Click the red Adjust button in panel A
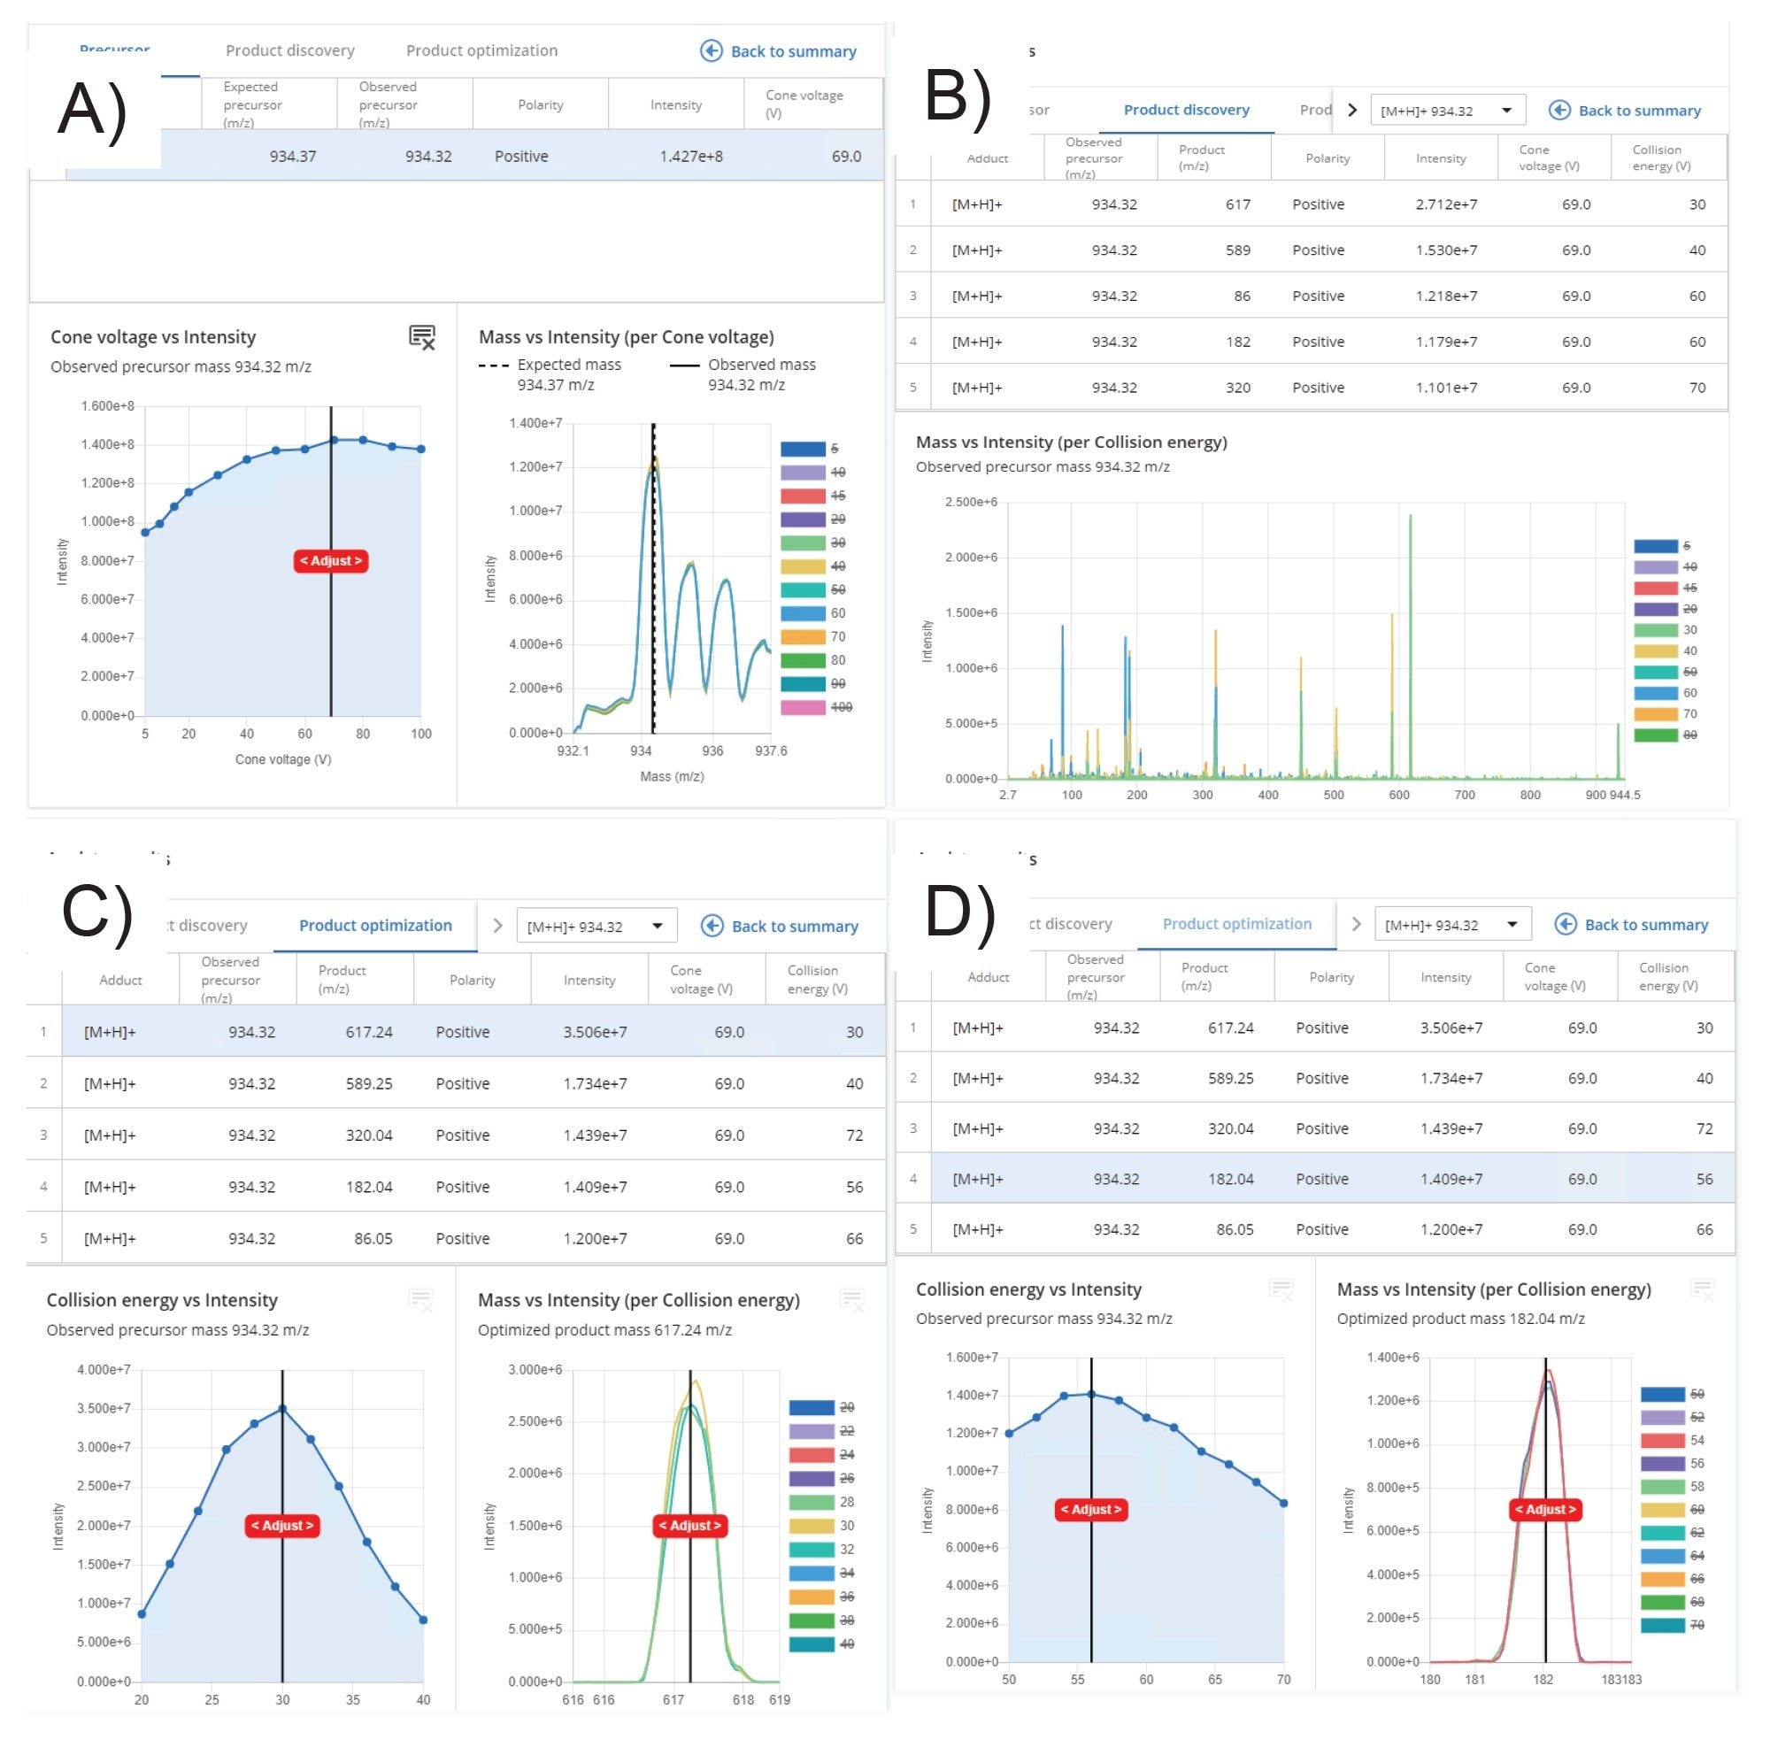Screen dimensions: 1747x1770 point(331,561)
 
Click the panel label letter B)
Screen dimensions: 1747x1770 point(958,96)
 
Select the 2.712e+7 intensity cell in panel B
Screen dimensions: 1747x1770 point(1446,204)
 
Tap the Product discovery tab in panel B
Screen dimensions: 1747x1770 point(1186,110)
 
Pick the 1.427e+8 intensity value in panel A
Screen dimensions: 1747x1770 point(691,157)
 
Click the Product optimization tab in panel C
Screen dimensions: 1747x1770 point(374,925)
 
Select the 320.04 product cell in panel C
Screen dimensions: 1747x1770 point(368,1135)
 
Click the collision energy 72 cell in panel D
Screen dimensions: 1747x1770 point(1703,1128)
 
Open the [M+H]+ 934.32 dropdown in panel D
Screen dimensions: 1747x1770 point(1451,925)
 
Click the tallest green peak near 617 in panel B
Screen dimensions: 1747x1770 point(1410,519)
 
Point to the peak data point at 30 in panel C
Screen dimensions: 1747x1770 point(282,1409)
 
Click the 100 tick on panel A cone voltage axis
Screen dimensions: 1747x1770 point(420,734)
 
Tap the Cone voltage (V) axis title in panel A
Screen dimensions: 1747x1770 point(283,759)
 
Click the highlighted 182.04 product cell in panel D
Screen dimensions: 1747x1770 point(1229,1179)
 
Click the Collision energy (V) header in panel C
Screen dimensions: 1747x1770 point(817,980)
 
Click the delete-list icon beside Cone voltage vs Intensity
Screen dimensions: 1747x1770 point(421,337)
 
